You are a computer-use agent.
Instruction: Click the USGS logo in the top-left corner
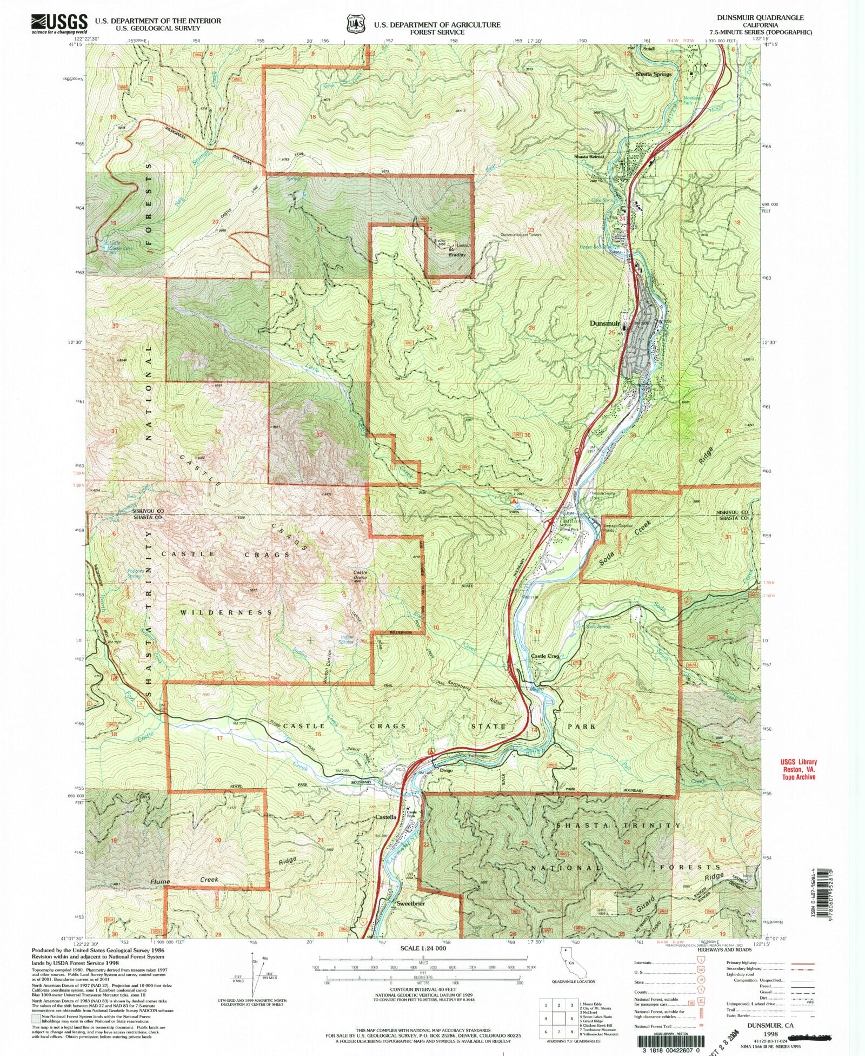pos(59,24)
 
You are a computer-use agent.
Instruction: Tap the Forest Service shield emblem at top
pos(355,24)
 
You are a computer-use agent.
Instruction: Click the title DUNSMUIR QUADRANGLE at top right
pos(760,17)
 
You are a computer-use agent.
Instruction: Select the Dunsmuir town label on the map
pos(604,323)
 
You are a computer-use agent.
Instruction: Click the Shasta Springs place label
pos(653,74)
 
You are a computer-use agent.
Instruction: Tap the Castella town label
pos(386,817)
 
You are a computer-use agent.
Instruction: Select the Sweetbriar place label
pos(411,903)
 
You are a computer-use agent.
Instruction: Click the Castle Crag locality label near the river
pos(544,656)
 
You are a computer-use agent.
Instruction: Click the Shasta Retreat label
pos(589,156)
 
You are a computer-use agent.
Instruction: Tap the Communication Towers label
pos(521,235)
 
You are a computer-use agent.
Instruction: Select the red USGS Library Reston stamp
pos(799,769)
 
